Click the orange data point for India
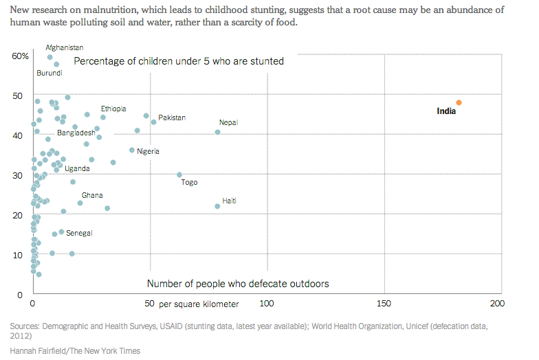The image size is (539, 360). coord(459,102)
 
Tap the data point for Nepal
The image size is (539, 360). coord(218,132)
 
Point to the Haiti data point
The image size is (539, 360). coord(217,206)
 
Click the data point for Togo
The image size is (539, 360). coord(179,175)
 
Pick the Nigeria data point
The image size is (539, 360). coord(132,150)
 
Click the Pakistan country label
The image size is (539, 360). coord(172,117)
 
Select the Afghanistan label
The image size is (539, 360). coord(65,47)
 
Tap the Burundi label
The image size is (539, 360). coord(49,73)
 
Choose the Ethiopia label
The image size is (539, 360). coord(113,109)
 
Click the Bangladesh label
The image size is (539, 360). coord(76,133)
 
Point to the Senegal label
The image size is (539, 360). coord(79,233)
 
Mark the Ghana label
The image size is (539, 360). coord(92,196)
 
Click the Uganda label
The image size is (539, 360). coord(77,168)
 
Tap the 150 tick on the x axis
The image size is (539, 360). coord(384,303)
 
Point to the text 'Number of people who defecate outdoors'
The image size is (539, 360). coord(238,283)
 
